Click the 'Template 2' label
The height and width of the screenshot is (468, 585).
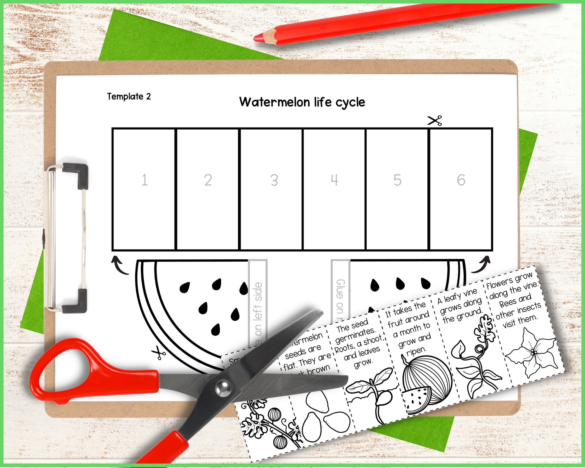point(129,96)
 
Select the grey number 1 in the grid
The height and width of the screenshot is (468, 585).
point(145,180)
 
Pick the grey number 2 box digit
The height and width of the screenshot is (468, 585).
point(208,180)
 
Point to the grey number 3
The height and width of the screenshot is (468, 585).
point(274,180)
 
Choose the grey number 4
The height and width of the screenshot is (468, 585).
point(334,180)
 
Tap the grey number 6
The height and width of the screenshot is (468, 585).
point(461,180)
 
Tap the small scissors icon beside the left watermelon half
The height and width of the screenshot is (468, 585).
point(159,353)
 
